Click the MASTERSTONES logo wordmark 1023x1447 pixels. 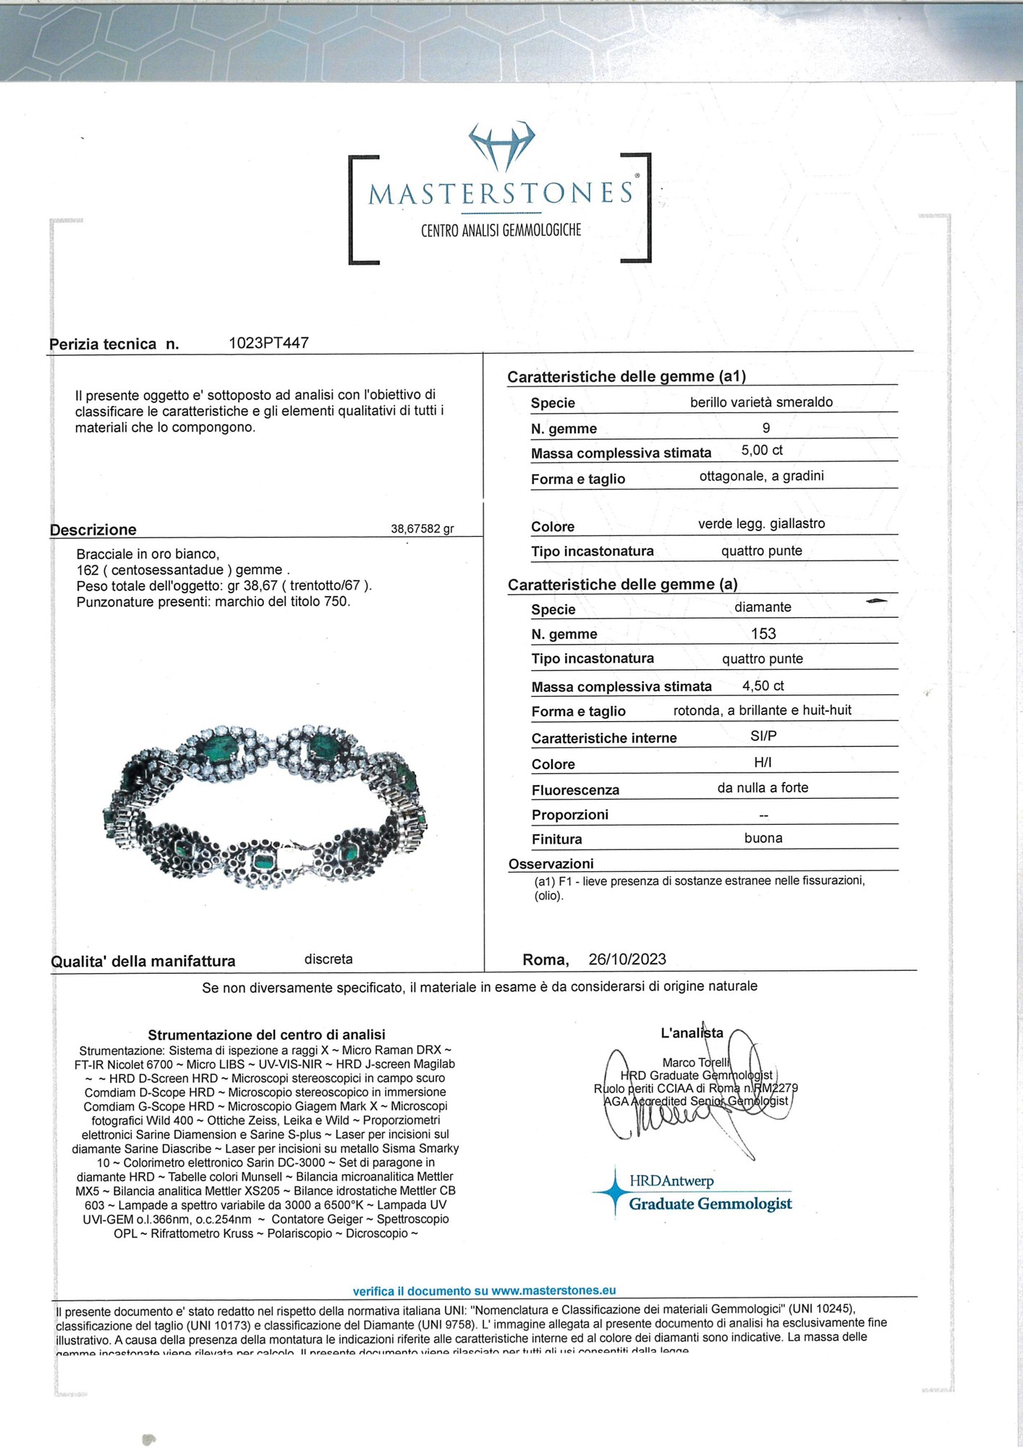[x=500, y=194]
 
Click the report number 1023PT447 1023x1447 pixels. [x=268, y=343]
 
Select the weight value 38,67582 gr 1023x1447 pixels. [x=422, y=529]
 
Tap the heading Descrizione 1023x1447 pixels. [x=93, y=530]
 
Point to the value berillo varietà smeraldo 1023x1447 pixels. [x=761, y=402]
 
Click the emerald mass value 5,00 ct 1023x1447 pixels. [x=762, y=450]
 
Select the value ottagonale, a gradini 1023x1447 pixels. [x=761, y=476]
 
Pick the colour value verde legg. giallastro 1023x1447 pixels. [x=761, y=524]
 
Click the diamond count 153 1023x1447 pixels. [x=763, y=634]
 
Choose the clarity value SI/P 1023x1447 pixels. [x=763, y=736]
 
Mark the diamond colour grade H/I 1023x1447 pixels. [x=763, y=763]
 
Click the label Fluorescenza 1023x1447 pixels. [x=575, y=790]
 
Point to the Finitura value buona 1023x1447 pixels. [x=763, y=839]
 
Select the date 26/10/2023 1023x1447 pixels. [x=627, y=959]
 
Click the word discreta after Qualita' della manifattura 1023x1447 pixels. [x=328, y=959]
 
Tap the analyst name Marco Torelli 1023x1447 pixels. [x=695, y=1062]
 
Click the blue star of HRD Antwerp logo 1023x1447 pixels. [x=614, y=1190]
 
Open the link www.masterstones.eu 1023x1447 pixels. [x=553, y=1290]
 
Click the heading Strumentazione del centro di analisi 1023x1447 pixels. [x=266, y=1035]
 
